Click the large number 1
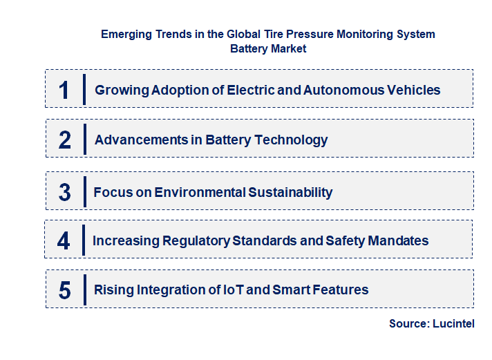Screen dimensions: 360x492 pos(64,90)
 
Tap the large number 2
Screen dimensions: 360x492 pos(65,140)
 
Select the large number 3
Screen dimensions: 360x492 pos(65,192)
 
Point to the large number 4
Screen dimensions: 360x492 pos(64,241)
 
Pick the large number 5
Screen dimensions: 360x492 pos(65,290)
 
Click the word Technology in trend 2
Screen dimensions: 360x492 pos(291,140)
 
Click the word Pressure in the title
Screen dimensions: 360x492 pos(299,33)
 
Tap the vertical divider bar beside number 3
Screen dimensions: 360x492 pos(84,191)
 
